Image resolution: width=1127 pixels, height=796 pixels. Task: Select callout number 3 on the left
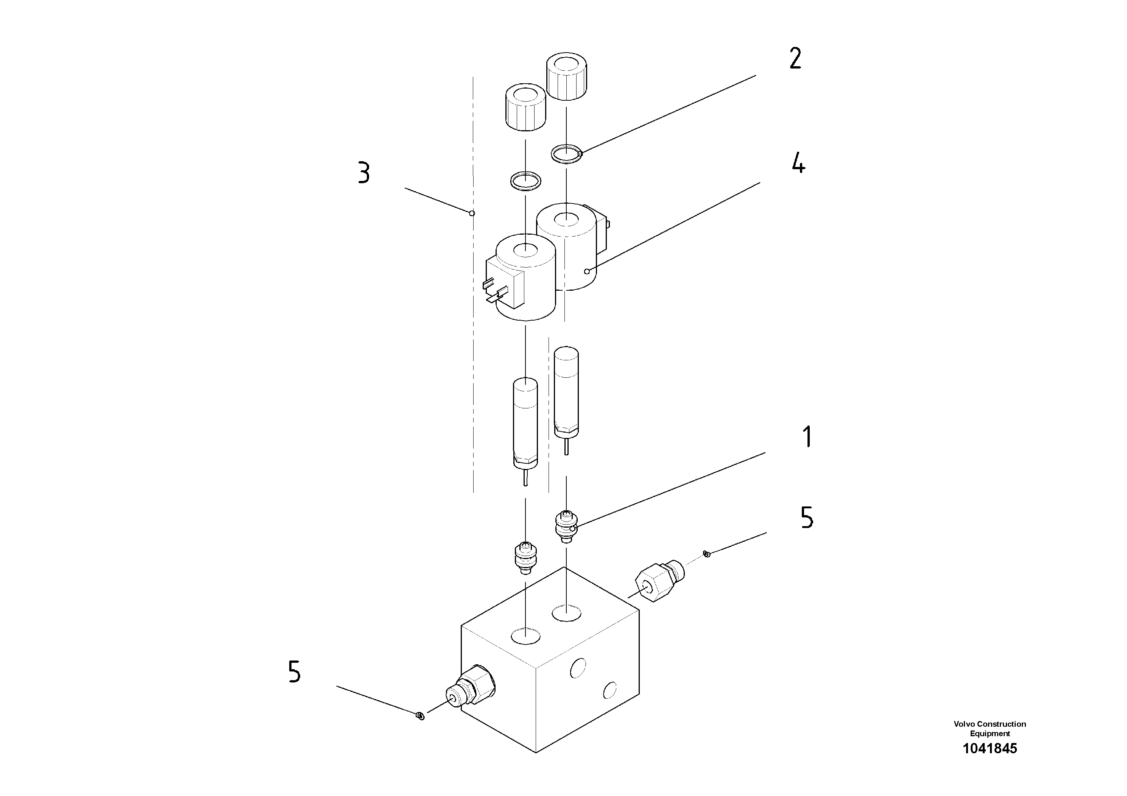[x=364, y=173]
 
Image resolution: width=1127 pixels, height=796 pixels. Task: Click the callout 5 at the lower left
[x=294, y=672]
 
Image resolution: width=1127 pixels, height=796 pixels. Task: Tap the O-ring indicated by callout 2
[x=566, y=154]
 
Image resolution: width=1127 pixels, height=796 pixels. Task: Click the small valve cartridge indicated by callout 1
[x=566, y=526]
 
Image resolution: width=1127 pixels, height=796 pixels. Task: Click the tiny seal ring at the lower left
[x=420, y=717]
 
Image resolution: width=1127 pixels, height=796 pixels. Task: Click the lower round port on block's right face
[x=609, y=690]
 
